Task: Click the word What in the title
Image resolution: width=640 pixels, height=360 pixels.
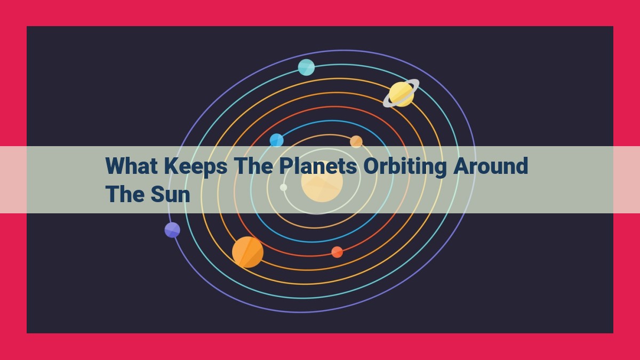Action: pos(131,166)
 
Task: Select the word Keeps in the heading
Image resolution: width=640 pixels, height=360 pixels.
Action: pos(195,166)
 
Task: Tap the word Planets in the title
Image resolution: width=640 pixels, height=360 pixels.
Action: pos(318,166)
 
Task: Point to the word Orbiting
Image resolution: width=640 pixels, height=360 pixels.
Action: pos(405,167)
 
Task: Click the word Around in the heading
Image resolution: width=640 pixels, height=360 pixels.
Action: pos(490,166)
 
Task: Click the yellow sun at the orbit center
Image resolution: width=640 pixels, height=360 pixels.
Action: pos(322,182)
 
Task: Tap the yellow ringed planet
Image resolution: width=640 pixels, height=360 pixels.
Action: pos(401,94)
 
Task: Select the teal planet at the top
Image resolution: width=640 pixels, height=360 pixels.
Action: pos(306,67)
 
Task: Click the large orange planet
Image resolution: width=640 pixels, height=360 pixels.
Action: pos(247,252)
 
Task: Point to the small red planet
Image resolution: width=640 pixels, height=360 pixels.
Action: pos(337,252)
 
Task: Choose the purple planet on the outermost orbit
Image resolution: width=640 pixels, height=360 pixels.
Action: pos(172,230)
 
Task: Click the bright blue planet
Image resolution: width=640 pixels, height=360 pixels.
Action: pos(277,140)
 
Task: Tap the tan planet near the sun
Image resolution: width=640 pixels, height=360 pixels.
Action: pos(356,141)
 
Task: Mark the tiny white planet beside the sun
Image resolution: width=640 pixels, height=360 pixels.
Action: pos(283,187)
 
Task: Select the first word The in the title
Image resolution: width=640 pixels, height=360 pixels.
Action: pos(253,166)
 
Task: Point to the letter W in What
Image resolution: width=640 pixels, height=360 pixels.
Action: pos(115,166)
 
